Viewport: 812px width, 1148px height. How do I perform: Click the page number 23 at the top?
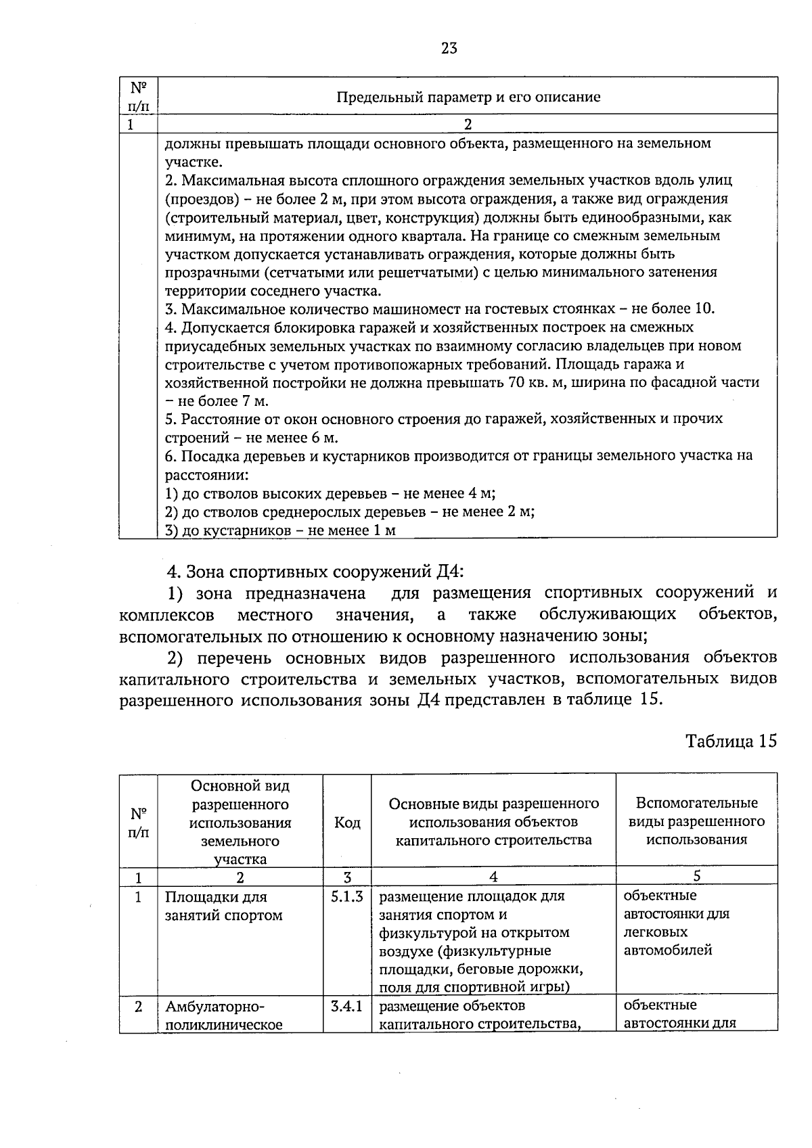click(x=449, y=48)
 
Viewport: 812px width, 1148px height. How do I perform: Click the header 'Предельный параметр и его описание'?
click(x=468, y=97)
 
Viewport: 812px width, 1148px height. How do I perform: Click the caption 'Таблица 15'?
click(x=731, y=741)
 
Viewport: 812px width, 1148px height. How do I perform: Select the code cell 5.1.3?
click(x=347, y=896)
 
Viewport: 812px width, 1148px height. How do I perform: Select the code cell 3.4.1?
click(x=347, y=1006)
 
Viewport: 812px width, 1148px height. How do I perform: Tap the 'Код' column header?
click(x=347, y=823)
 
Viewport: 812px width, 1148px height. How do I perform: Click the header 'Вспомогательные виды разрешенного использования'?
click(x=696, y=821)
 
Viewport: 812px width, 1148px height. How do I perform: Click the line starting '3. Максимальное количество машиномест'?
click(x=440, y=309)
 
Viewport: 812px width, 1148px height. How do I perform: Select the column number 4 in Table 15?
click(x=493, y=877)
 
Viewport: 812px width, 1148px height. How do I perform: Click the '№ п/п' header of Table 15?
click(x=139, y=823)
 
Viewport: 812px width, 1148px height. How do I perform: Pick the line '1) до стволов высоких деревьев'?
click(x=335, y=493)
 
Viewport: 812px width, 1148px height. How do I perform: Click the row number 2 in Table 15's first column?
click(x=139, y=1007)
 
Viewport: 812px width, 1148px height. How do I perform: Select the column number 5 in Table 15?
click(x=696, y=876)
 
